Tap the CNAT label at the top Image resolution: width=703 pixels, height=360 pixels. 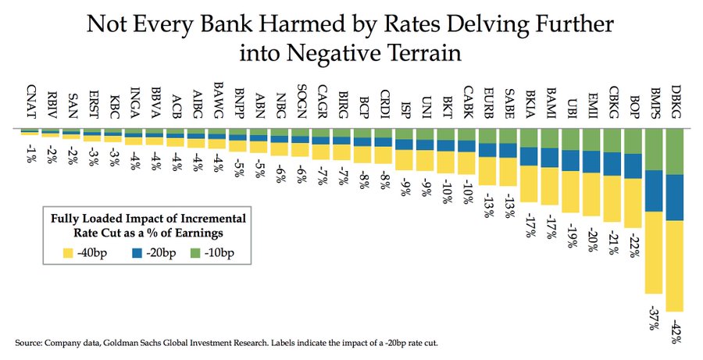click(30, 102)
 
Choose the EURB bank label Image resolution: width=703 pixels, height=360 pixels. click(488, 101)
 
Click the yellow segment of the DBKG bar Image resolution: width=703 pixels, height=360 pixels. click(674, 266)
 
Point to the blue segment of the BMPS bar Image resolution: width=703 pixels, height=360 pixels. click(654, 191)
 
